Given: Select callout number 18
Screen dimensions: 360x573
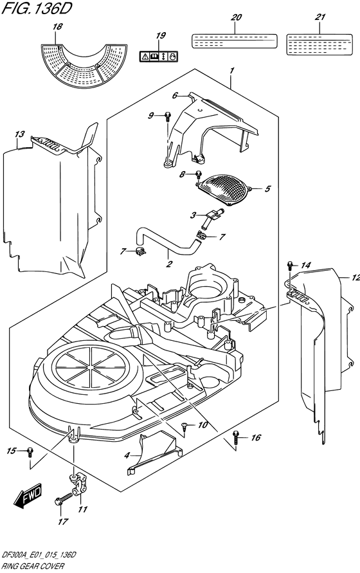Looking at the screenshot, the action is [x=57, y=26].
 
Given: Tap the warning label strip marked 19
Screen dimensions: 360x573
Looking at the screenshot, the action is [x=159, y=57].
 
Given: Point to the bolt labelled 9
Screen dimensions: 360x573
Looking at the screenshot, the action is [x=167, y=116].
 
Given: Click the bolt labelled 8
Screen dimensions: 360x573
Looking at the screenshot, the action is [x=199, y=175].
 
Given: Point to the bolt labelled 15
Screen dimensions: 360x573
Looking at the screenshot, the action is [x=30, y=451].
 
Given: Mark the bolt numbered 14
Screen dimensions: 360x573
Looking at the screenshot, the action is [x=290, y=264].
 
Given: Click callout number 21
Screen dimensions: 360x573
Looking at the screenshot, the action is [x=320, y=17].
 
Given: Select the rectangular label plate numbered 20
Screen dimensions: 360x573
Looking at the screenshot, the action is [x=234, y=41].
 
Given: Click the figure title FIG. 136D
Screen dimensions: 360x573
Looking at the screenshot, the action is [x=37, y=8].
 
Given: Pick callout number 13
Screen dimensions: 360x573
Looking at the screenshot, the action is [x=20, y=134].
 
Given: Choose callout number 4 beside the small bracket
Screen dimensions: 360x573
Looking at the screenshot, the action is [x=127, y=455].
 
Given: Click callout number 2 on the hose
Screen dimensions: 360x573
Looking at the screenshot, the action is [x=169, y=264].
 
